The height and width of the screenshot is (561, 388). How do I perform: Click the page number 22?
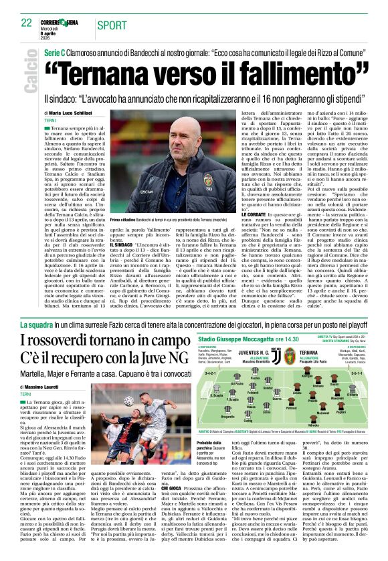tap(26, 23)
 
